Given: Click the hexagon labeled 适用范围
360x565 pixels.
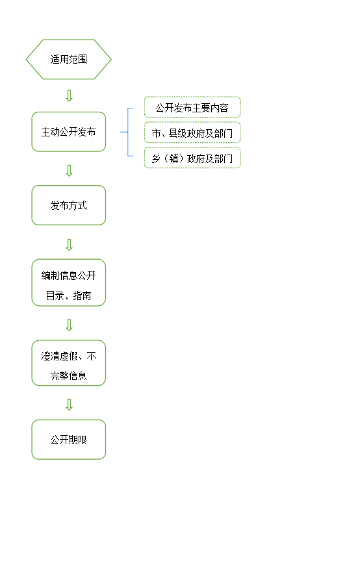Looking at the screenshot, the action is [x=68, y=60].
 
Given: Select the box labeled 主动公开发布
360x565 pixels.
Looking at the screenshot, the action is [x=68, y=132].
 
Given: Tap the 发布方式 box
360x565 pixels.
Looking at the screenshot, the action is [x=68, y=205].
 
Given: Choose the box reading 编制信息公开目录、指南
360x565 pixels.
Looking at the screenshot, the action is [x=68, y=283].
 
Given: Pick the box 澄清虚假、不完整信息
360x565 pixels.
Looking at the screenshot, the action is [x=68, y=363].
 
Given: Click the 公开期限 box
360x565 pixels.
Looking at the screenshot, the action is [x=68, y=440].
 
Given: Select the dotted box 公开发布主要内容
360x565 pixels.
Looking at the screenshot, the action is [x=192, y=107].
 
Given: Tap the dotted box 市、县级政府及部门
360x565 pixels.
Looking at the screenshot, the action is [x=192, y=132].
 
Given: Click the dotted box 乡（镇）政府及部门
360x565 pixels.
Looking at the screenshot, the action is [x=192, y=158].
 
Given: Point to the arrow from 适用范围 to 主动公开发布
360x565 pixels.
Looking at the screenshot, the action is [x=70, y=96].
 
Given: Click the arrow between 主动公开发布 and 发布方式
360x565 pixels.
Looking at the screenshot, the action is [x=70, y=171].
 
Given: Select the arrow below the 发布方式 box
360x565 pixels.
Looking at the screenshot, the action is [x=70, y=245].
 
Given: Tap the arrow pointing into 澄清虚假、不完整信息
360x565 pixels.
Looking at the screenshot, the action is [x=70, y=325].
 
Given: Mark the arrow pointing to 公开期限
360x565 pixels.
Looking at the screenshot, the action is [x=70, y=405].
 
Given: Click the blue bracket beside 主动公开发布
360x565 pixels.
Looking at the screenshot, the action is [x=128, y=132].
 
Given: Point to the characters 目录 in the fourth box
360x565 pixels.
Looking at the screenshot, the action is [x=55, y=296].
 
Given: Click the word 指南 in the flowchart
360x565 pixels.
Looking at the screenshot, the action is [x=83, y=296].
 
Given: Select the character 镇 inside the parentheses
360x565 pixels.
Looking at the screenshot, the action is [x=174, y=158].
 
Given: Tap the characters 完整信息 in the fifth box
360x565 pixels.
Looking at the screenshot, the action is [x=68, y=376].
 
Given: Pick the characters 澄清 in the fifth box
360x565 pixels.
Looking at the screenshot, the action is [x=50, y=356].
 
